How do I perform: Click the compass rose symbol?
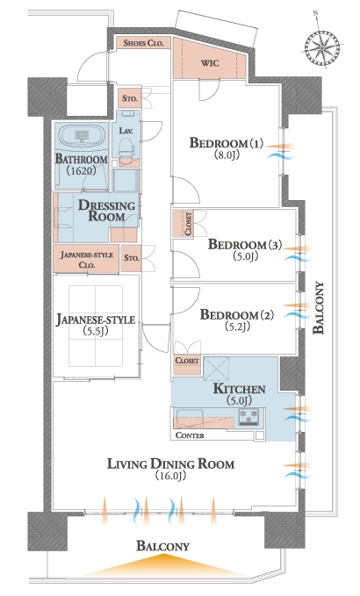pyautogui.click(x=321, y=47)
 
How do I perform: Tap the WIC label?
pyautogui.click(x=210, y=62)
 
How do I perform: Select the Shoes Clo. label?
pyautogui.click(x=143, y=42)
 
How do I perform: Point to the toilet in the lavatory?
pyautogui.click(x=126, y=147)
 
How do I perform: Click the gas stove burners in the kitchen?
pyautogui.click(x=248, y=417)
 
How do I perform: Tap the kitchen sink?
pyautogui.click(x=190, y=418)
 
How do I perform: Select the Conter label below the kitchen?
pyautogui.click(x=190, y=435)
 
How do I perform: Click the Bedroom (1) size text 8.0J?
pyautogui.click(x=227, y=154)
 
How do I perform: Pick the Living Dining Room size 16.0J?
pyautogui.click(x=170, y=476)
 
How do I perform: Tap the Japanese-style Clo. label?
pyautogui.click(x=86, y=260)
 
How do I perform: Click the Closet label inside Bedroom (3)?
pyautogui.click(x=188, y=224)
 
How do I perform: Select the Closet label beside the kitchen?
pyautogui.click(x=187, y=360)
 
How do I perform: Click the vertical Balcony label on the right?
pyautogui.click(x=318, y=308)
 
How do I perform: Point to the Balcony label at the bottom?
pyautogui.click(x=162, y=546)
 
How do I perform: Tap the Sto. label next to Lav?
pyautogui.click(x=130, y=98)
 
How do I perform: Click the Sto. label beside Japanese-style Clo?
pyautogui.click(x=131, y=258)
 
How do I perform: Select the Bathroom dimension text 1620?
pyautogui.click(x=82, y=170)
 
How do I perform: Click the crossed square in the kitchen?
pyautogui.click(x=216, y=369)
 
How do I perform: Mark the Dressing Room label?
pyautogui.click(x=107, y=211)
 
